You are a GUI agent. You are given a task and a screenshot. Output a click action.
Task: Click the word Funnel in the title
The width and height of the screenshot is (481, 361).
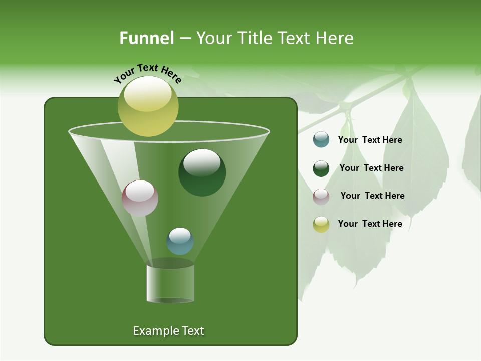click(x=147, y=38)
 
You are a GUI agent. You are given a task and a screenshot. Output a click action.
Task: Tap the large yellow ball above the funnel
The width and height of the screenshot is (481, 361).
click(x=148, y=106)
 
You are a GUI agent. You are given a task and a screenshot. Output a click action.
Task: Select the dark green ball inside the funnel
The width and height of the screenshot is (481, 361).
click(x=202, y=172)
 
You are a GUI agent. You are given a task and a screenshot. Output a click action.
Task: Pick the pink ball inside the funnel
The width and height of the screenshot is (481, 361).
click(x=140, y=198)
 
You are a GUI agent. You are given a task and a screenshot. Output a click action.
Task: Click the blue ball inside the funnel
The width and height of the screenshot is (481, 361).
click(x=180, y=241)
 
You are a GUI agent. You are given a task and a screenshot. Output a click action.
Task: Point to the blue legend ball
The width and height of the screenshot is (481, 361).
click(x=321, y=140)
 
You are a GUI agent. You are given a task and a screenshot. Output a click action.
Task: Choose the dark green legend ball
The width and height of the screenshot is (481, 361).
click(x=321, y=168)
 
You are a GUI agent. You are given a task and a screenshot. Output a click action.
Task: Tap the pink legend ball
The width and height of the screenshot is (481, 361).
click(x=321, y=196)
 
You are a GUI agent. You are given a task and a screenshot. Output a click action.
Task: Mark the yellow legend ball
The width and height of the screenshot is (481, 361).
click(x=321, y=224)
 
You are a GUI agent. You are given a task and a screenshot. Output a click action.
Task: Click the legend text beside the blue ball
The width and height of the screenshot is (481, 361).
click(x=370, y=140)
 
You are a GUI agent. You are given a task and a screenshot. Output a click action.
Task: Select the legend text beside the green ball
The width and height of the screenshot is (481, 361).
click(x=371, y=168)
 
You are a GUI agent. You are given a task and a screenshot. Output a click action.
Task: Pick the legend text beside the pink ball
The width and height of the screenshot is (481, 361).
click(x=372, y=196)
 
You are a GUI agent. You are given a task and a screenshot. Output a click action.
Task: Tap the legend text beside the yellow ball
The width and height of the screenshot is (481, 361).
click(x=370, y=224)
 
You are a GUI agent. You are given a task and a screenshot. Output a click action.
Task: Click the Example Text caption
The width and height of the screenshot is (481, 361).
click(x=168, y=331)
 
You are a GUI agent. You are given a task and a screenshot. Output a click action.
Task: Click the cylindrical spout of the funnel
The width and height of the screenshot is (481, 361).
click(x=170, y=283)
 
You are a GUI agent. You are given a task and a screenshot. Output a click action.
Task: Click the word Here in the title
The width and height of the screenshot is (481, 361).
click(x=337, y=38)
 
